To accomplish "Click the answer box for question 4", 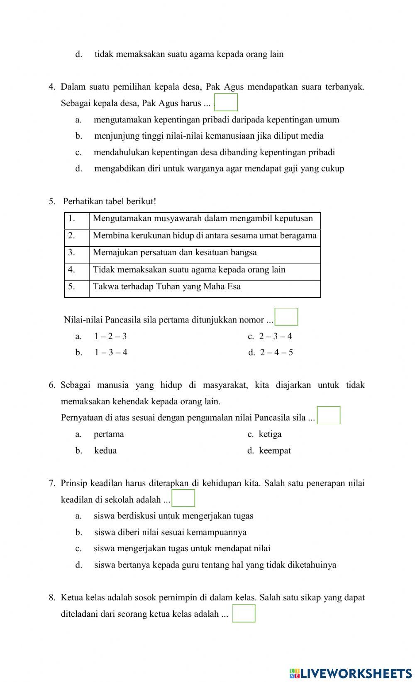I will (226, 103).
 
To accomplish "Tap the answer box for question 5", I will (286, 317).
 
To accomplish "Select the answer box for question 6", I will (329, 415).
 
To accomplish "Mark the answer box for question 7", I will (183, 498).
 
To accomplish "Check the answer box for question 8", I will (244, 614).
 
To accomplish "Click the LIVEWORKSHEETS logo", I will (351, 673).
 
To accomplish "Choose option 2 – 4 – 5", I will (276, 352).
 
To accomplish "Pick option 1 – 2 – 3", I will (110, 336).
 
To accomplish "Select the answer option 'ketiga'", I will (270, 434).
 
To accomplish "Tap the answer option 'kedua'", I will (105, 450).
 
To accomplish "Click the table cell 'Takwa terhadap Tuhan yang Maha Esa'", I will (167, 287).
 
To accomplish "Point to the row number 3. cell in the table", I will (76, 252).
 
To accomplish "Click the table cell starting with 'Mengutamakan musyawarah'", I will (203, 219).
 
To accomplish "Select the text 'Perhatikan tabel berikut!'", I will (110, 201).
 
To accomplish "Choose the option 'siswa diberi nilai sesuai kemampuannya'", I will (170, 532).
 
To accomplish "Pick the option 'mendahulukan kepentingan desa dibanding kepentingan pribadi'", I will (214, 152).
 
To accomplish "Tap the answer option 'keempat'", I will (275, 450).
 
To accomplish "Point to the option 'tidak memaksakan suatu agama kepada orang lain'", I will (189, 54).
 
